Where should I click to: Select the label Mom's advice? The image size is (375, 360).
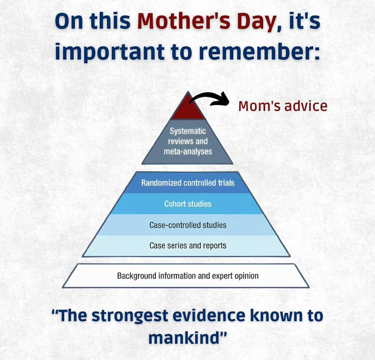tap(282, 106)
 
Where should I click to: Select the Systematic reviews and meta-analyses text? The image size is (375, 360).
tap(187, 141)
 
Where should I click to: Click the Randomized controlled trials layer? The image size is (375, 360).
tap(187, 183)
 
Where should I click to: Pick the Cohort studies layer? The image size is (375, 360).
tap(188, 204)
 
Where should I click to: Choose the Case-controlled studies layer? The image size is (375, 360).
tap(188, 225)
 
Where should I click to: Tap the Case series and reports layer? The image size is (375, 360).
tap(188, 246)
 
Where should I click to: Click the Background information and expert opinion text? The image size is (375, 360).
tap(187, 276)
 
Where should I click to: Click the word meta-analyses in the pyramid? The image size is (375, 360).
tap(188, 152)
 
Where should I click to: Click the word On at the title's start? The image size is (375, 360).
tap(69, 21)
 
